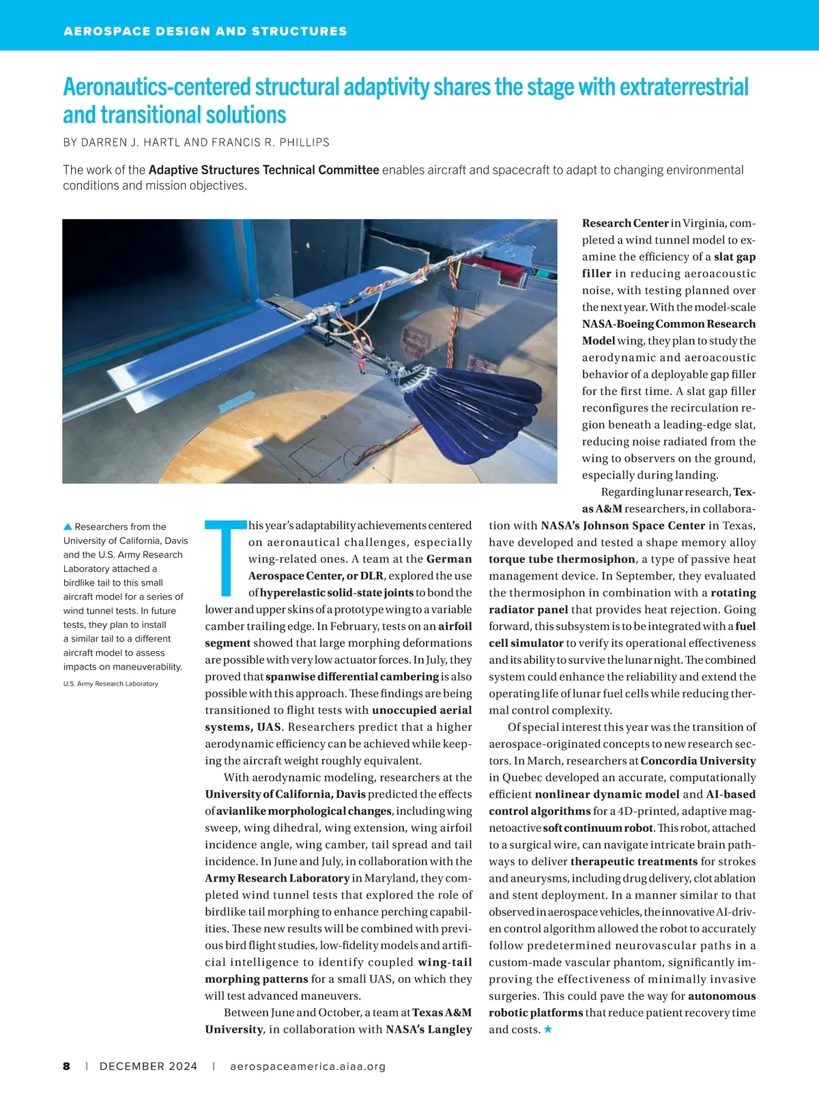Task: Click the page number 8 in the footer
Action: [x=66, y=1066]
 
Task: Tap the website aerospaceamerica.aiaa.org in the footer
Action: [x=308, y=1066]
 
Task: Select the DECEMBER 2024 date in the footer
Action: [x=148, y=1066]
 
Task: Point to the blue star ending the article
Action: [x=547, y=1029]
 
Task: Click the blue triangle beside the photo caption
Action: [x=68, y=526]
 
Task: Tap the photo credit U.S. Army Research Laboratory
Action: [x=111, y=683]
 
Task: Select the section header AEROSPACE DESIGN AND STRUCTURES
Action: [x=205, y=31]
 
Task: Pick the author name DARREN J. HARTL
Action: [x=131, y=143]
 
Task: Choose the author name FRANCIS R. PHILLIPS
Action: [x=270, y=143]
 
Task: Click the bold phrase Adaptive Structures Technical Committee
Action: [x=263, y=170]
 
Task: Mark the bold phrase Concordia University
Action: [x=698, y=761]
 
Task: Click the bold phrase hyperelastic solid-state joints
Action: [x=336, y=592]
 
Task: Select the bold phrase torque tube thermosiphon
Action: [x=562, y=559]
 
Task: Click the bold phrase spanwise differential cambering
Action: [x=351, y=676]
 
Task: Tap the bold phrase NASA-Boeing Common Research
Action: [x=669, y=324]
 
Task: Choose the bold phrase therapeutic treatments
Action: [x=634, y=861]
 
